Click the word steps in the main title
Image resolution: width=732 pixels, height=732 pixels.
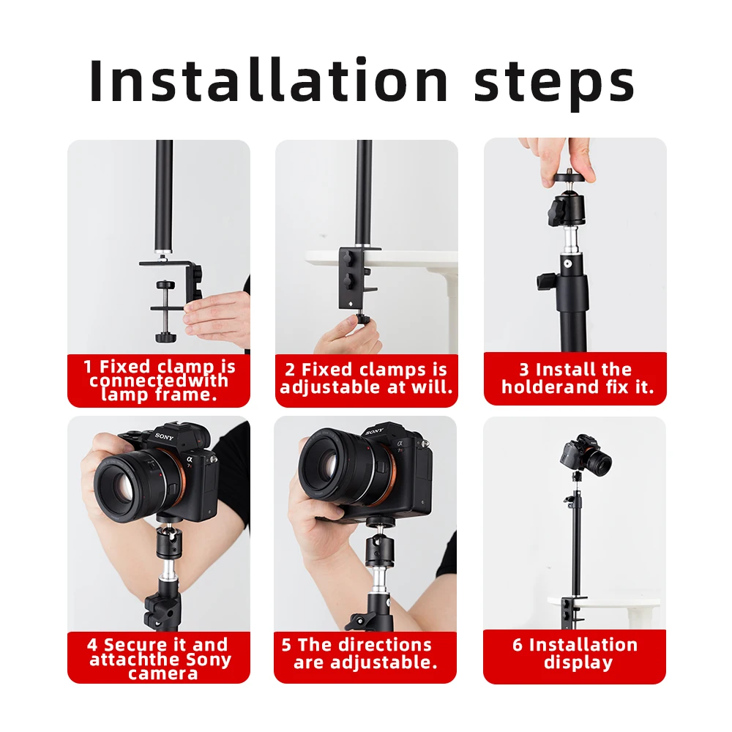pyautogui.click(x=554, y=84)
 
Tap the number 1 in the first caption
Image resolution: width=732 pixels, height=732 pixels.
pyautogui.click(x=87, y=367)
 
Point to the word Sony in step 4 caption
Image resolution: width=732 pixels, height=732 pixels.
pyautogui.click(x=208, y=660)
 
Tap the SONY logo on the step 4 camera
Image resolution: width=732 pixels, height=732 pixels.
pyautogui.click(x=164, y=437)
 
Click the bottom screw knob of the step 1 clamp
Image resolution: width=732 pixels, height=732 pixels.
pyautogui.click(x=165, y=337)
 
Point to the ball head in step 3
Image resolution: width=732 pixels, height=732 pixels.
pyautogui.click(x=569, y=208)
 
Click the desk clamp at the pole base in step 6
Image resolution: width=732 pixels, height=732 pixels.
pyautogui.click(x=572, y=610)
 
